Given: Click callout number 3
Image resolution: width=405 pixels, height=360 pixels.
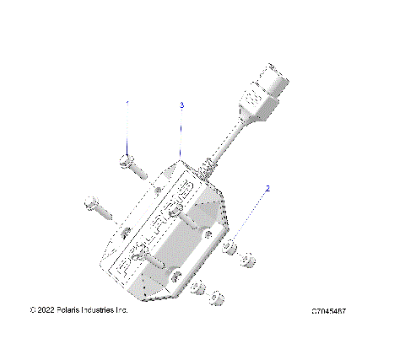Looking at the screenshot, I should pos(181,105).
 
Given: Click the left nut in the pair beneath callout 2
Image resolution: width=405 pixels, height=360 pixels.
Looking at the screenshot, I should pos(229,248).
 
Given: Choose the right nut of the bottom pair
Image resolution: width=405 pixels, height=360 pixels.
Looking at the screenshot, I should pos(216,297).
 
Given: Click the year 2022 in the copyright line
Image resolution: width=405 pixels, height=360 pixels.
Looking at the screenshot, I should pos(47,310).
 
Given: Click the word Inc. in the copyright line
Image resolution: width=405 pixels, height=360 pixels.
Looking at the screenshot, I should pos(123,310).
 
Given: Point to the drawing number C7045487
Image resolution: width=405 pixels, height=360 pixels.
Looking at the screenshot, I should pos(329,311).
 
